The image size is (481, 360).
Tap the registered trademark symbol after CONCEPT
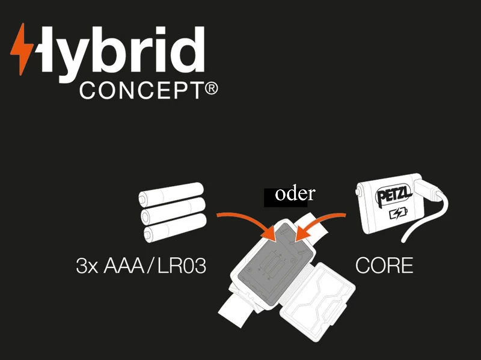coord(210,90)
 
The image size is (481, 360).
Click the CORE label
coord(384,266)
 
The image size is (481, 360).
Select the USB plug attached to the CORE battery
coord(432,192)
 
